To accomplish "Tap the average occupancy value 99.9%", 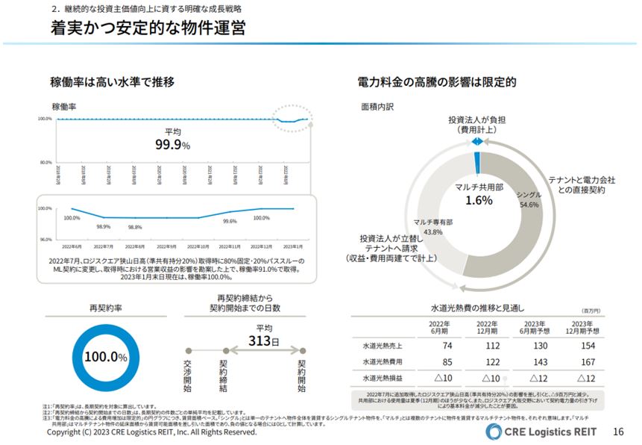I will pos(172,144).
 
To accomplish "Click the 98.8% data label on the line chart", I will pos(135,227).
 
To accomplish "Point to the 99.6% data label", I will pos(230,221).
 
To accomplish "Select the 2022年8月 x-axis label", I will pos(135,246).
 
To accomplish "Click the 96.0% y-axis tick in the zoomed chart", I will pos(45,239).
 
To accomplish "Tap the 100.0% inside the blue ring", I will pos(105,357).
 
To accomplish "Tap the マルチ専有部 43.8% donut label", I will pos(433,227).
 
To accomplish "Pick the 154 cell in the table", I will pos(587,346).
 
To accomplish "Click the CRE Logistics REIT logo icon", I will pos(494,432).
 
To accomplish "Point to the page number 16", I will pos(617,432).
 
